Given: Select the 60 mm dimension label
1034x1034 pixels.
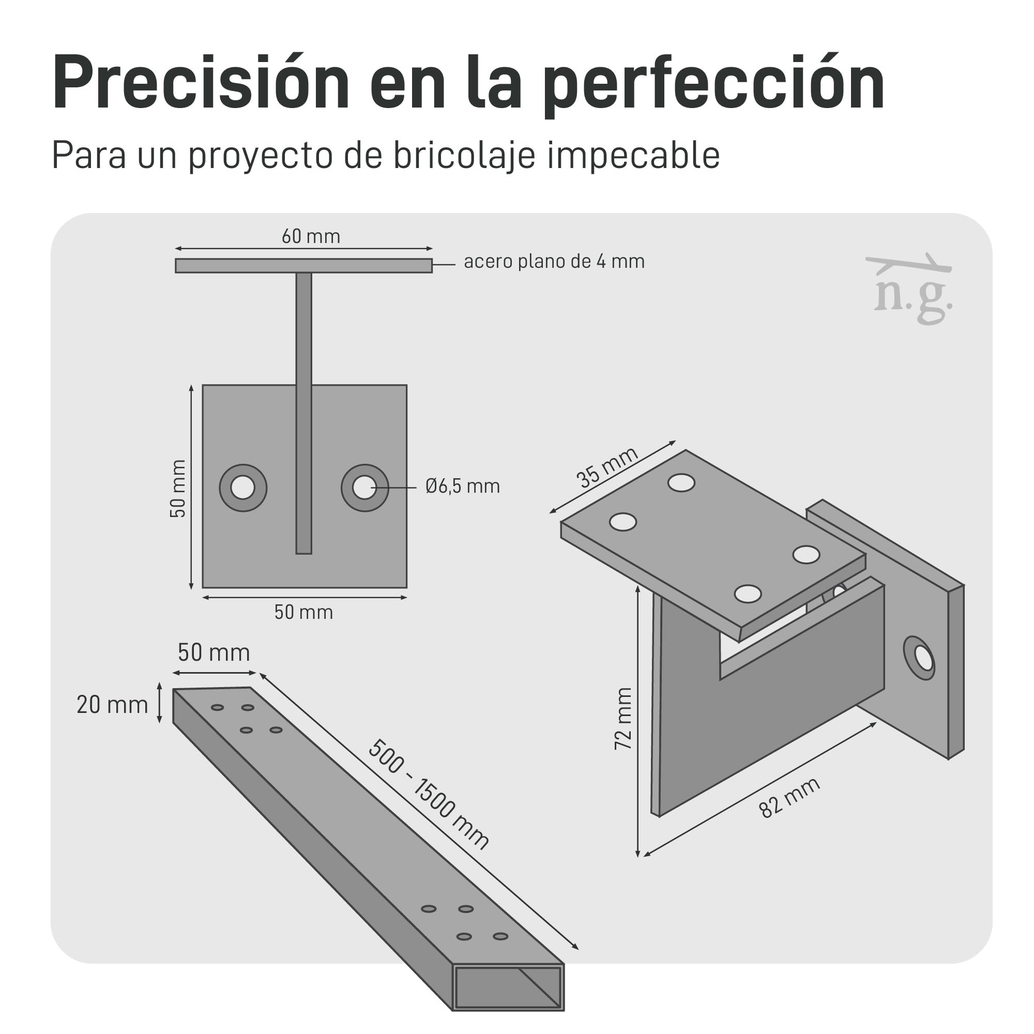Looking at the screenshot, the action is [x=311, y=236].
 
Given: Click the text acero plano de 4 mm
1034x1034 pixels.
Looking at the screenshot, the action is [x=554, y=261].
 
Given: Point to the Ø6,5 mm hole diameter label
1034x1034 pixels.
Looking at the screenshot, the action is [x=462, y=486].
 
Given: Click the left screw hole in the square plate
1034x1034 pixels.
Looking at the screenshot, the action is [x=243, y=488].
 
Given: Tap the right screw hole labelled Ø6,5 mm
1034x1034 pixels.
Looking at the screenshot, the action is [x=364, y=488].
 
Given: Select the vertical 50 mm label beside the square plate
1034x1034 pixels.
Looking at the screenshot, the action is [x=178, y=489].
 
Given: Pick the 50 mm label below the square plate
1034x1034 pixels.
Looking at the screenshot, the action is [x=303, y=612].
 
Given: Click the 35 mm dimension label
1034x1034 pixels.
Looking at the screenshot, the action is [x=607, y=467].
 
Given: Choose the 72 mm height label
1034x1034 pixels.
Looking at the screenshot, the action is [x=624, y=719].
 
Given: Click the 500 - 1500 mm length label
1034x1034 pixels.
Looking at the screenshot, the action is [x=428, y=794].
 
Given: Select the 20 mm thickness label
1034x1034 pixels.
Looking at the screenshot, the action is [x=112, y=705].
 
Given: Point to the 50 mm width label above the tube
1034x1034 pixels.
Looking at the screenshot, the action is [x=214, y=653].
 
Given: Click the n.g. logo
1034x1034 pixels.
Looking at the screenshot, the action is [x=910, y=290].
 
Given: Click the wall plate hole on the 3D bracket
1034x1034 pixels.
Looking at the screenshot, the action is [x=919, y=658].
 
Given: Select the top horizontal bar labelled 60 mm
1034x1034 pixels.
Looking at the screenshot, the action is [x=303, y=265].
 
